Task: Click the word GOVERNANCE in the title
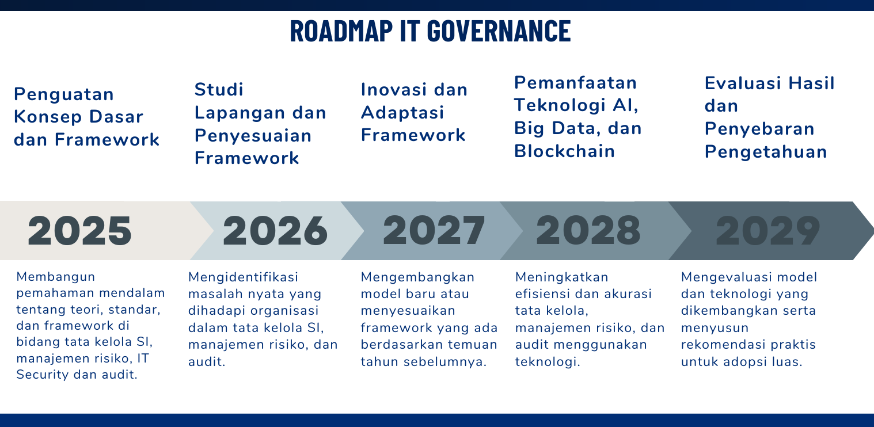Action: point(499,31)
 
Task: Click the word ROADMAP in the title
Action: point(341,31)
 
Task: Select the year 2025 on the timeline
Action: point(79,231)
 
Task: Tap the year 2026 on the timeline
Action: point(275,231)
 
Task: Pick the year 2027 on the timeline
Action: point(434,230)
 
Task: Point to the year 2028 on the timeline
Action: point(588,230)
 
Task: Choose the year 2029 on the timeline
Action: point(768,230)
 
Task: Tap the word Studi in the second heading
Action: point(219,89)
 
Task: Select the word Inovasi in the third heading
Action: point(394,90)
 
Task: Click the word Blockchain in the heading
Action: point(564,151)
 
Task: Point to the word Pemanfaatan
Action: point(576,83)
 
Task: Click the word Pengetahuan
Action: point(766,152)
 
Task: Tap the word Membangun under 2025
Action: point(56,277)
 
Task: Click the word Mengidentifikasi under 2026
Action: point(243,277)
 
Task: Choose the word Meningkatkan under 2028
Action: point(561,277)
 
